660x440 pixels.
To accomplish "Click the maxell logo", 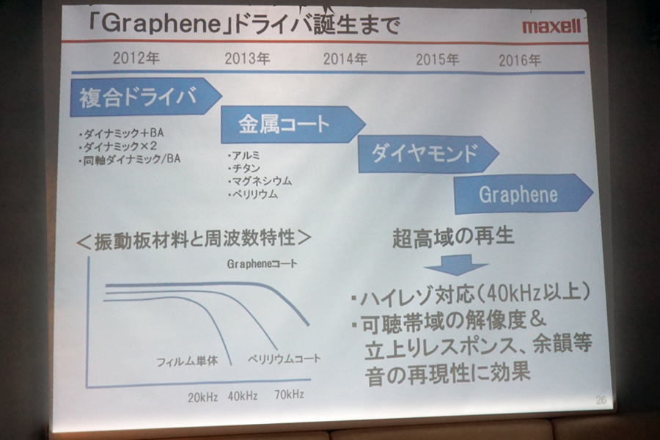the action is coord(551,26).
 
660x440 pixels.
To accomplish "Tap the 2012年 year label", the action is coord(136,58).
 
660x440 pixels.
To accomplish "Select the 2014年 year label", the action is coord(345,59).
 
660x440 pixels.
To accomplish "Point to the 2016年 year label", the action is coord(519,61).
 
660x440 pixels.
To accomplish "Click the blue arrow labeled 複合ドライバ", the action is coord(146,97).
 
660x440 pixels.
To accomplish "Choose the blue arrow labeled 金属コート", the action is coord(293,125).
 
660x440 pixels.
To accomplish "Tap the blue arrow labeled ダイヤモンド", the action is coord(428,154).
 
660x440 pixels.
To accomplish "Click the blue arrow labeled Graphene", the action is coord(523,194).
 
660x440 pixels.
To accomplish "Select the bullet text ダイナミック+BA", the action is coord(121,133).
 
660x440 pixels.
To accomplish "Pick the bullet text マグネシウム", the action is coord(260,181).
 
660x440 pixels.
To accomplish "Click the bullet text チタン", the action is coord(244,169).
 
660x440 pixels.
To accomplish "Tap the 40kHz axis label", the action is coord(243,396).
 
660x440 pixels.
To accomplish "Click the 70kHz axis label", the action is coord(289,395).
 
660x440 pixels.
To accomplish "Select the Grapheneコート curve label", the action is coord(262,264).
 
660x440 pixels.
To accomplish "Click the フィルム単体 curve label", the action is coord(187,362).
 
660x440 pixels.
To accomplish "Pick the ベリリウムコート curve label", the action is coord(284,359).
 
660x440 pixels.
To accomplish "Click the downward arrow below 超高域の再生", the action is coord(456,265).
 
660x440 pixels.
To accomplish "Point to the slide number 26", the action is coord(601,400).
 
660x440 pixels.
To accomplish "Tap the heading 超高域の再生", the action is coord(453,237).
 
